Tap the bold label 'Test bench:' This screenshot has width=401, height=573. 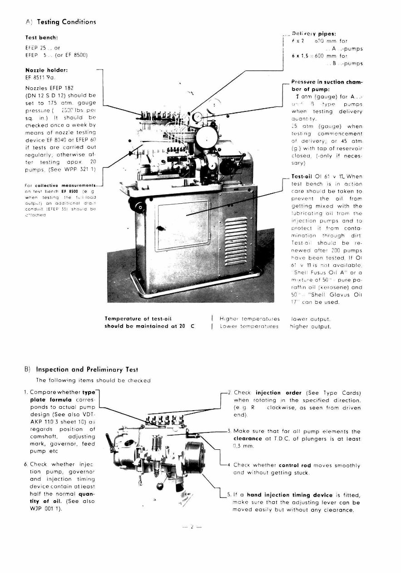[x=41, y=37]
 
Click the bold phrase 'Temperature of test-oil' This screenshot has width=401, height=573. [x=138, y=319]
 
